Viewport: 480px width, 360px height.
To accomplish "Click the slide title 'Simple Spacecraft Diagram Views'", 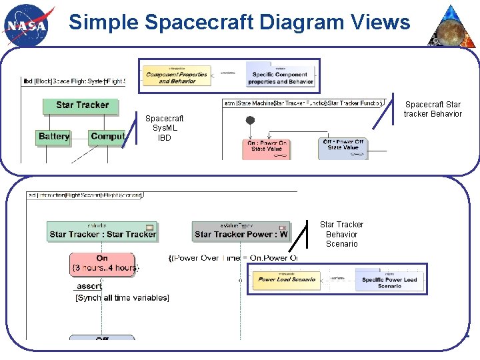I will coord(239,23).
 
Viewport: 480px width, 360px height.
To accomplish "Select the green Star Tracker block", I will coord(83,105).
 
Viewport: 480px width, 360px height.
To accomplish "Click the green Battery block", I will coord(54,137).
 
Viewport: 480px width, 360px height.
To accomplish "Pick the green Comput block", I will coord(107,137).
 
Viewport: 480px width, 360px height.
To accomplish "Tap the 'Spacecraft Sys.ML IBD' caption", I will coord(165,128).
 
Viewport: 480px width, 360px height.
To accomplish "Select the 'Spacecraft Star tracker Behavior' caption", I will coord(433,109).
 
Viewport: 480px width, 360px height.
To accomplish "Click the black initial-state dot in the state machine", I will coord(251,121).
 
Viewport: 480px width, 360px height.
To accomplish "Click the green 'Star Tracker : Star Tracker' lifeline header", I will coord(103,231).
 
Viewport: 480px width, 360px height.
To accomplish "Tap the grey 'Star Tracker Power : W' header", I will coord(241,231).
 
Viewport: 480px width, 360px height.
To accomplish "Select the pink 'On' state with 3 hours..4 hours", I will coord(102,264).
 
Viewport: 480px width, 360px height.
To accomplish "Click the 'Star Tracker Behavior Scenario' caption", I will coord(341,235).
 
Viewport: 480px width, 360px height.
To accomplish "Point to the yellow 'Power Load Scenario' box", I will coord(286,280).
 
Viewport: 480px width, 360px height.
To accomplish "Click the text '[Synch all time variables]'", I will coord(122,297).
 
